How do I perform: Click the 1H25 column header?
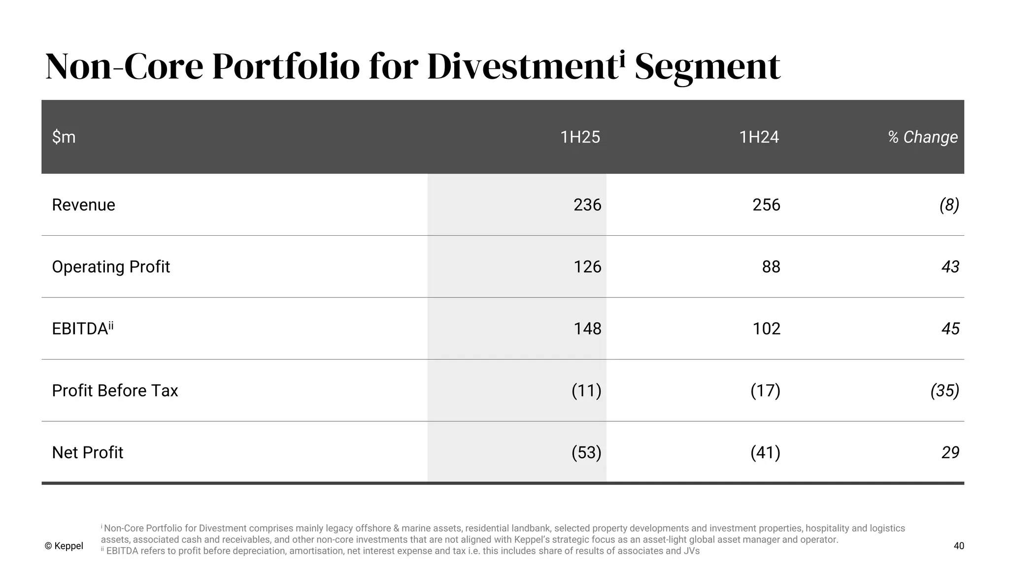(580, 137)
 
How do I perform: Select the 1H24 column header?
(759, 137)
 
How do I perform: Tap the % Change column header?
(923, 137)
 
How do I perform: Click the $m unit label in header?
(64, 137)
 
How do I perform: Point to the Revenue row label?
(83, 205)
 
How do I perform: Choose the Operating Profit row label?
(111, 267)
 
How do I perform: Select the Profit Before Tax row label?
(115, 390)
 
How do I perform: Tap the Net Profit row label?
(87, 452)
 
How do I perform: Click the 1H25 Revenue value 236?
(587, 205)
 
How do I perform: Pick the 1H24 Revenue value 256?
(766, 205)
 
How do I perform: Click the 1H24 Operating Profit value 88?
(771, 267)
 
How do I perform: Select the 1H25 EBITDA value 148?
(587, 328)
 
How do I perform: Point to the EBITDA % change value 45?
(950, 328)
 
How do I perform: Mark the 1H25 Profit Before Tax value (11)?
(586, 390)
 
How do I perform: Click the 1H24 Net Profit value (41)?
(765, 452)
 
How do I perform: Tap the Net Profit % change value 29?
(950, 452)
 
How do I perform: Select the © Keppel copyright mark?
(64, 546)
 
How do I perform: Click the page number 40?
(959, 546)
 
